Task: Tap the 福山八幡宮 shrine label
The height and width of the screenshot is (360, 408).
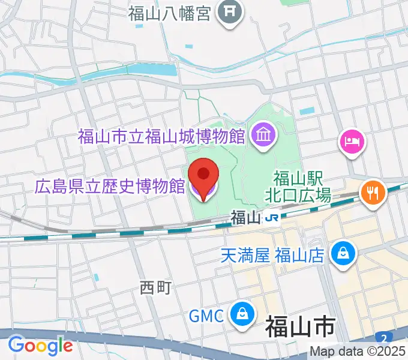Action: [170, 13]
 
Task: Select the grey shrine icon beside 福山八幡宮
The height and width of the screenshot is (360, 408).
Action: [229, 13]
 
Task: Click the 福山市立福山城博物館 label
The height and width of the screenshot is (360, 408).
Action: [161, 136]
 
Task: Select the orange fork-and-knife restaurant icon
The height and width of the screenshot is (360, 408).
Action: [373, 192]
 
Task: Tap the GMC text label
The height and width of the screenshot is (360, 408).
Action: [206, 314]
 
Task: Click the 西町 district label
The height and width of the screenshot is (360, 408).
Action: [155, 288]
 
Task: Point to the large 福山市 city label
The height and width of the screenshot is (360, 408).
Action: [300, 329]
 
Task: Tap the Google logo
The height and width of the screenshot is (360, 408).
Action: [40, 345]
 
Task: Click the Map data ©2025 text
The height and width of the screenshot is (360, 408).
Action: [358, 352]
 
